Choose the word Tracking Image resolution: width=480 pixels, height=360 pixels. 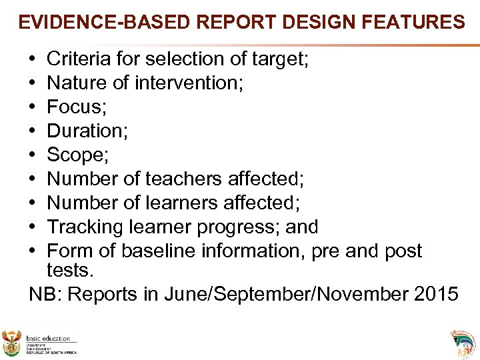pyautogui.click(x=86, y=227)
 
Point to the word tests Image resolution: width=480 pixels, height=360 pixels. pyautogui.click(x=71, y=271)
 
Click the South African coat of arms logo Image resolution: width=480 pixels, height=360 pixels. pyautogui.click(x=12, y=341)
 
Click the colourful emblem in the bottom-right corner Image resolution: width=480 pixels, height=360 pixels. pyautogui.click(x=464, y=341)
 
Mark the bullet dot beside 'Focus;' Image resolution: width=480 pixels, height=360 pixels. pyautogui.click(x=33, y=108)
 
